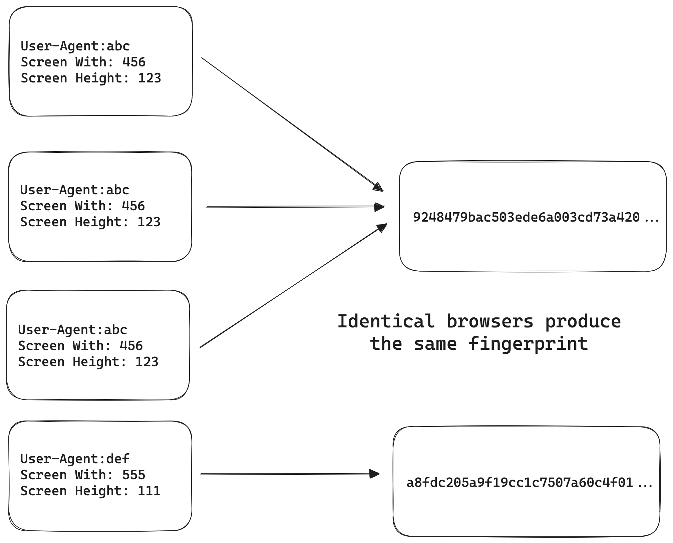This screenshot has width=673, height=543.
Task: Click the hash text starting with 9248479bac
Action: (526, 217)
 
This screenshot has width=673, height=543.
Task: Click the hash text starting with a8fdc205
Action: (520, 483)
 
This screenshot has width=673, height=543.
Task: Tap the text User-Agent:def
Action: (75, 459)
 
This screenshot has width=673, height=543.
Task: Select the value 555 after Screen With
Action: (134, 475)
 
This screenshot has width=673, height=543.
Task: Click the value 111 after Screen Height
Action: (149, 491)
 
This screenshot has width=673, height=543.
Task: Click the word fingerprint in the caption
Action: (528, 344)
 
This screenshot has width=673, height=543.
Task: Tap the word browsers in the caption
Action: (490, 322)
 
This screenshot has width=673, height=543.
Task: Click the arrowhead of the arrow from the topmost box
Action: (379, 187)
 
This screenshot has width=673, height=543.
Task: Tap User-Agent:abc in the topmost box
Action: (75, 46)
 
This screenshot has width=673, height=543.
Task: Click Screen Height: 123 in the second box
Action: (90, 222)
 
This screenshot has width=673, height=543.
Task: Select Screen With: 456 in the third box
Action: (80, 346)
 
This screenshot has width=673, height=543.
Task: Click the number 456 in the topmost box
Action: (134, 62)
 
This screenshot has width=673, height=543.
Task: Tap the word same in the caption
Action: (435, 344)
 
